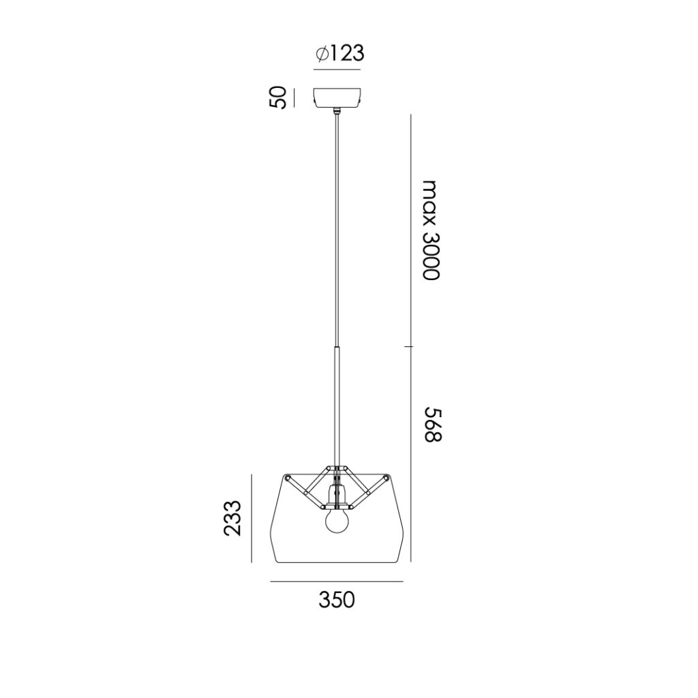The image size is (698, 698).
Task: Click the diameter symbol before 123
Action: pos(322,54)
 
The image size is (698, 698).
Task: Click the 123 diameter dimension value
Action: pos(347,54)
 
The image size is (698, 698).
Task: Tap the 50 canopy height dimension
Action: pos(277,97)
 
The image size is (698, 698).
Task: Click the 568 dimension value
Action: pos(431,424)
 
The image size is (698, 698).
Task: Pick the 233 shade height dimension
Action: pos(232,518)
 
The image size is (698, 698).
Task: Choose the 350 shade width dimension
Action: pos(337,600)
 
